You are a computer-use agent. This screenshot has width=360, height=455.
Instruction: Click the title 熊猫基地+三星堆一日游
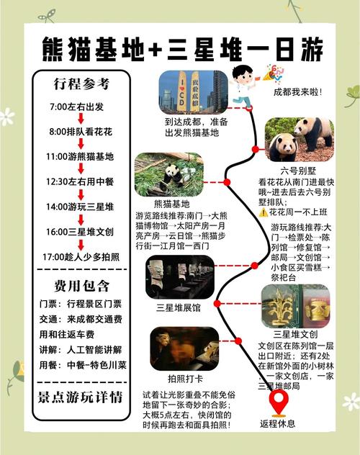pyautogui.click(x=180, y=50)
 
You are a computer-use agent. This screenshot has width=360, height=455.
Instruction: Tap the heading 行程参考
pyautogui.click(x=81, y=84)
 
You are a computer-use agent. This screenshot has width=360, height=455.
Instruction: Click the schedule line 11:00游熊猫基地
pyautogui.click(x=81, y=156)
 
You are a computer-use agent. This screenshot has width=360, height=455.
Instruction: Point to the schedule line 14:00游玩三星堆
pyautogui.click(x=81, y=206)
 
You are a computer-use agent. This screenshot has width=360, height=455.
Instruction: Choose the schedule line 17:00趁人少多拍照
pyautogui.click(x=81, y=256)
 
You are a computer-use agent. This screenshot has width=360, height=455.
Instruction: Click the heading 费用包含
pyautogui.click(x=81, y=286)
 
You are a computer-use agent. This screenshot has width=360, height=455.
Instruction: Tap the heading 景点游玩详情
pyautogui.click(x=81, y=397)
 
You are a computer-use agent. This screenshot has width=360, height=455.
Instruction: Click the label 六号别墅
pyautogui.click(x=297, y=171)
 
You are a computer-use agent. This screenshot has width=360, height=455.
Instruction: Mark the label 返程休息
pyautogui.click(x=277, y=423)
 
